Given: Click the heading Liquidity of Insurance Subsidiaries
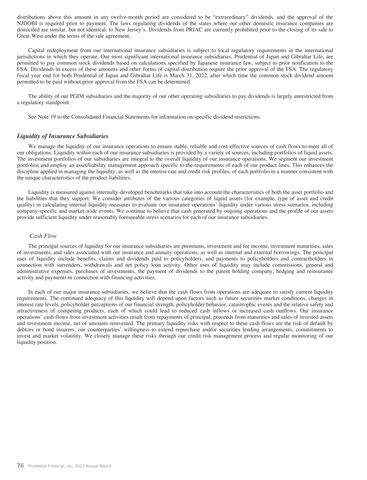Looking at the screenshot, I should [x=62, y=136].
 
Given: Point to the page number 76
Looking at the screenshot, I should [x=21, y=465].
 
